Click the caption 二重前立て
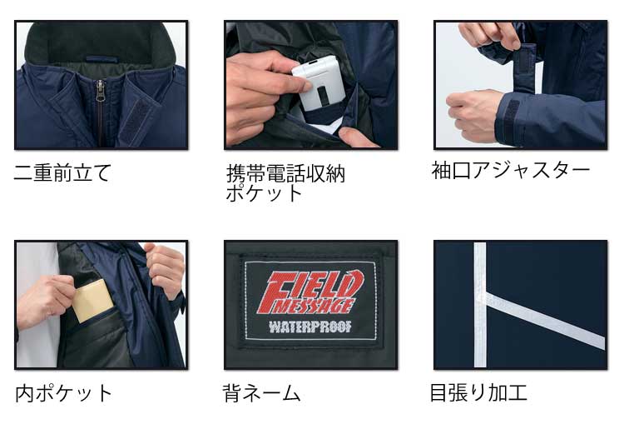click(x=62, y=173)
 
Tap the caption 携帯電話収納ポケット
click(x=285, y=183)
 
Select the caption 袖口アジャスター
click(x=510, y=170)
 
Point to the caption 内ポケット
click(x=63, y=392)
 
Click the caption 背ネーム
click(x=261, y=392)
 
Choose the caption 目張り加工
click(x=478, y=392)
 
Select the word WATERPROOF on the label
click(x=310, y=325)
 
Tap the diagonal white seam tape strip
click(x=545, y=319)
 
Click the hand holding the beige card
click(x=46, y=296)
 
